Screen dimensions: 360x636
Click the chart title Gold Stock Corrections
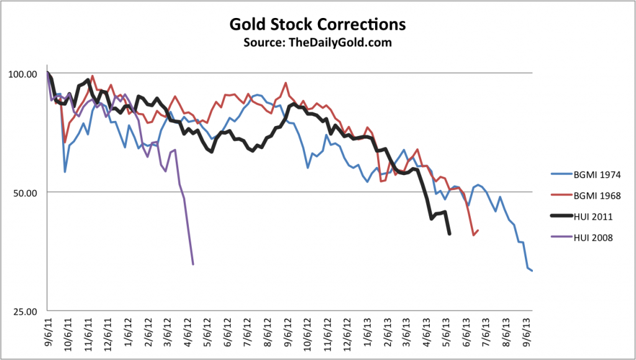pyautogui.click(x=317, y=25)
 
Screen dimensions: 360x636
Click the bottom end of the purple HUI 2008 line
pyautogui.click(x=193, y=264)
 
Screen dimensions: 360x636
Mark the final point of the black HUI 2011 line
pyautogui.click(x=450, y=234)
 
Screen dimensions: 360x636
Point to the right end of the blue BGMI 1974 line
pyautogui.click(x=532, y=271)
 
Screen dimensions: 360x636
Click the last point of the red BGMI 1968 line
pyautogui.click(x=477, y=230)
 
